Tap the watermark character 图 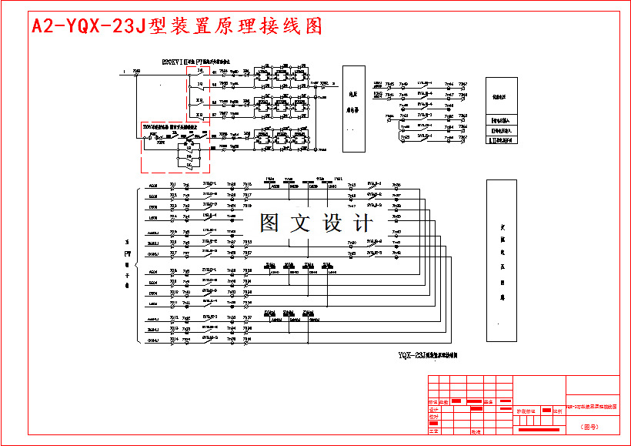click(270, 223)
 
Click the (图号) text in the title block click(590, 425)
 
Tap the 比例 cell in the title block click(557, 411)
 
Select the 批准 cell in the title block click(476, 432)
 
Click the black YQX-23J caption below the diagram click(428, 356)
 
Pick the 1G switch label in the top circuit click(200, 71)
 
